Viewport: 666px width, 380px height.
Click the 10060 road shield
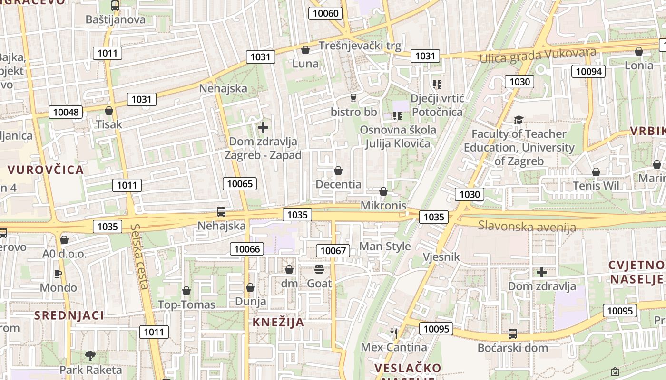tap(326, 13)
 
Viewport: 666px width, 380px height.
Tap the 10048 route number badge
tap(66, 112)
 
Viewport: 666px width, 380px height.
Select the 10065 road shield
tap(240, 184)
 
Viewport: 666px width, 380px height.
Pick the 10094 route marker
tap(588, 72)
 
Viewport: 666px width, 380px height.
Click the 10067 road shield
tap(333, 250)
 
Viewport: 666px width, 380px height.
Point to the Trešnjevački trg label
tap(360, 46)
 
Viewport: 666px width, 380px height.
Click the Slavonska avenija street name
tap(527, 226)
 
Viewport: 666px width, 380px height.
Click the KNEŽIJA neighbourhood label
tap(278, 322)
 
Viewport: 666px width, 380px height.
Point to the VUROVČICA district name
tap(46, 170)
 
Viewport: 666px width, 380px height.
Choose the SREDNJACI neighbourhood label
tap(69, 315)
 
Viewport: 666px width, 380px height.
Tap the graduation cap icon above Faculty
tap(519, 120)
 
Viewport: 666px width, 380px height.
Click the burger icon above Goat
tap(319, 269)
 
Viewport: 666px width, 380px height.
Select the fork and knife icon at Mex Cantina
tap(394, 333)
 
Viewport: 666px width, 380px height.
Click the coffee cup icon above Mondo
tap(58, 274)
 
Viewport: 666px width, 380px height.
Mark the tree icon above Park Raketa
tap(90, 355)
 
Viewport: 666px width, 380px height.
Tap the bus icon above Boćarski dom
tap(512, 333)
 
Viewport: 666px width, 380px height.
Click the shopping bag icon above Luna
tap(305, 50)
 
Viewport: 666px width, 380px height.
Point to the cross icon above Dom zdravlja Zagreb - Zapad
tap(263, 127)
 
